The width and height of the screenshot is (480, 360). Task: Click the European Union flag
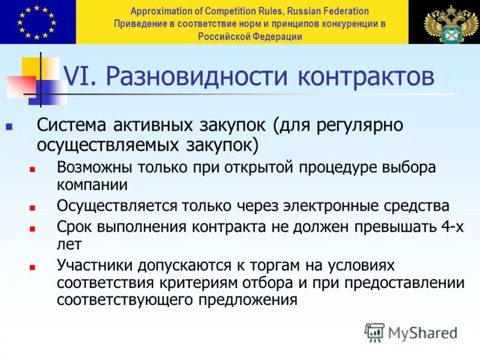[38, 22]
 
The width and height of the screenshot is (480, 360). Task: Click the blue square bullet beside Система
[9, 128]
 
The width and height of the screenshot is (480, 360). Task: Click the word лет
[69, 244]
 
